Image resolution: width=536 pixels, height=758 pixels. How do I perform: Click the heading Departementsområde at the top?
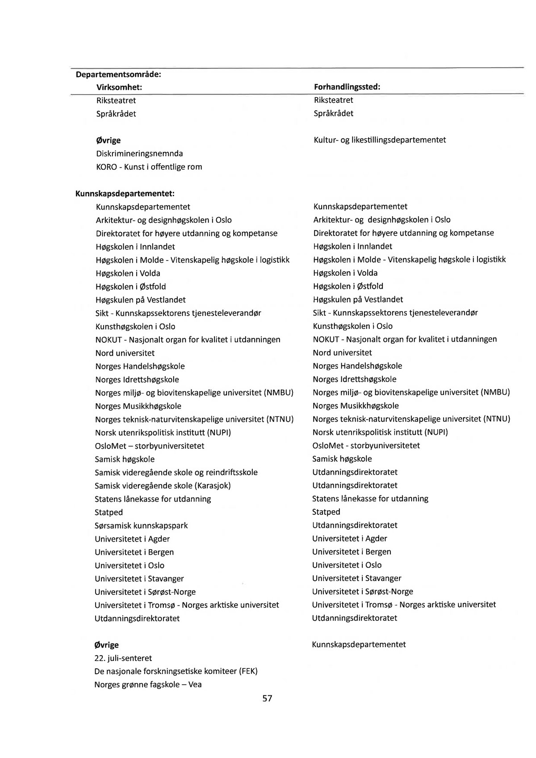[x=118, y=74]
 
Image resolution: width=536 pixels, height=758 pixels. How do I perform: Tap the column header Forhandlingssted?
[x=347, y=87]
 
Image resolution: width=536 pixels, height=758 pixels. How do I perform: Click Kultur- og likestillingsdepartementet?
[x=379, y=140]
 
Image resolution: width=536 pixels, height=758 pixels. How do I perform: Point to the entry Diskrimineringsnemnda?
[x=139, y=153]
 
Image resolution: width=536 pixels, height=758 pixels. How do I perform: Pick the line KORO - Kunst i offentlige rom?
[x=149, y=167]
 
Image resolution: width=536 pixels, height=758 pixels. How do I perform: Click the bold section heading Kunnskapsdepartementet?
[x=125, y=194]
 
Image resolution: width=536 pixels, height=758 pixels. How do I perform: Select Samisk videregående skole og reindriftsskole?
[x=176, y=472]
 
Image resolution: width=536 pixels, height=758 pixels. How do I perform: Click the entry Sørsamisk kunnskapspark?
[x=141, y=526]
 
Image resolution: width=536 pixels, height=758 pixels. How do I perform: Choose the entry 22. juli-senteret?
[x=123, y=658]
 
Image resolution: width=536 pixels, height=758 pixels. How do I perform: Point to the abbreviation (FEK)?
[x=248, y=671]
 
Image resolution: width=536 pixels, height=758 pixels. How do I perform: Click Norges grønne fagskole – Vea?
[x=148, y=685]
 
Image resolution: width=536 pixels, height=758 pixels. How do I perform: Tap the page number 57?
[x=267, y=699]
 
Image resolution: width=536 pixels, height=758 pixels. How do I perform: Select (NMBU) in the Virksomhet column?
[x=279, y=393]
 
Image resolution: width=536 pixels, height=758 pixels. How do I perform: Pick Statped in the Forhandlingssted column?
[x=326, y=512]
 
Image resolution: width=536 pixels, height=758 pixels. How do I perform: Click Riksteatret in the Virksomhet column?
[x=116, y=101]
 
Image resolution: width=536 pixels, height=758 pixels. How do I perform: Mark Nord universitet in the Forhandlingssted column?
[x=342, y=353]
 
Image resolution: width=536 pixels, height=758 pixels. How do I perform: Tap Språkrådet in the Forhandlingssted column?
[x=333, y=114]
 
